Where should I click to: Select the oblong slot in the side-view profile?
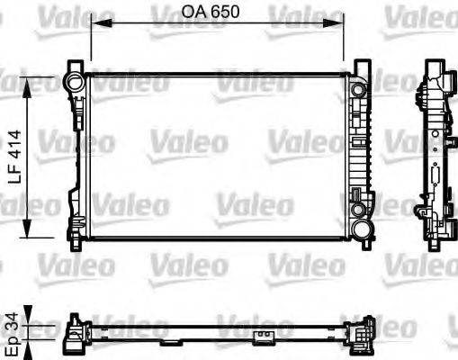click(x=434, y=175)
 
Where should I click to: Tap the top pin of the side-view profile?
click(x=436, y=65)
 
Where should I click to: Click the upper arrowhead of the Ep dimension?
click(x=32, y=319)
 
